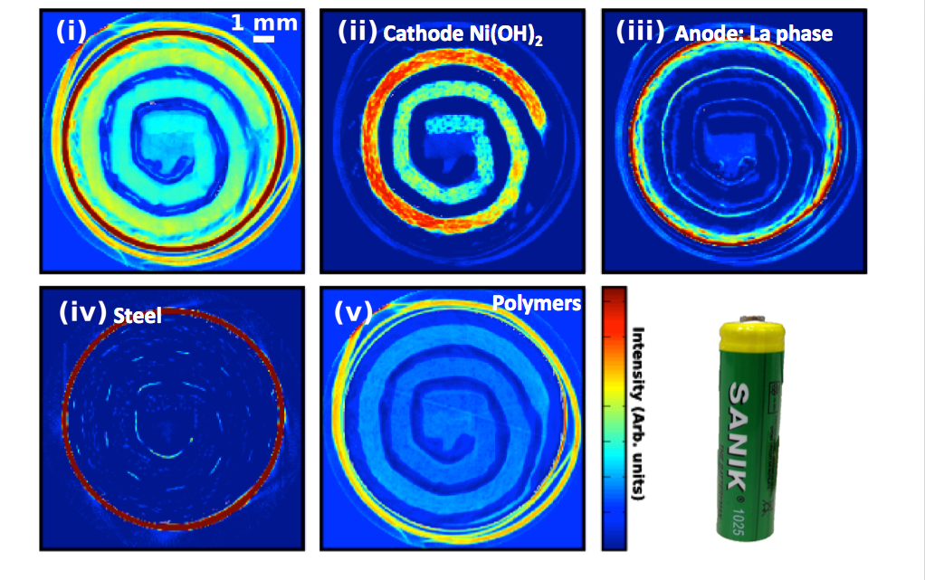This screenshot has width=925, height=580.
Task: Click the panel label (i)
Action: tap(70, 31)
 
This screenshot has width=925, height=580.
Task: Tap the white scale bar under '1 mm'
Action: tap(263, 38)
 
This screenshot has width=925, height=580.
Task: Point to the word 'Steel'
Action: tap(138, 316)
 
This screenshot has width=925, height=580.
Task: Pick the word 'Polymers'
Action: tap(536, 303)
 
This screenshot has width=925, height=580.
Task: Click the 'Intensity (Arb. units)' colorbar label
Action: tap(638, 413)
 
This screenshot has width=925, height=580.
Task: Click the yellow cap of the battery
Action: tap(750, 339)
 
